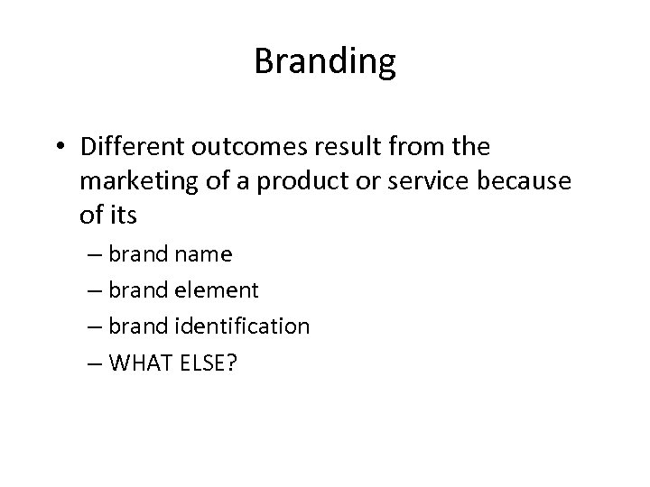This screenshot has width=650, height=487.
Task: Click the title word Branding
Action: click(325, 62)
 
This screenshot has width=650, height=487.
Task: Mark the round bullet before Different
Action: click(60, 145)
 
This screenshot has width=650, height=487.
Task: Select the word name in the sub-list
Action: click(203, 255)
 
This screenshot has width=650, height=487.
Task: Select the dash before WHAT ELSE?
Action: click(96, 363)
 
